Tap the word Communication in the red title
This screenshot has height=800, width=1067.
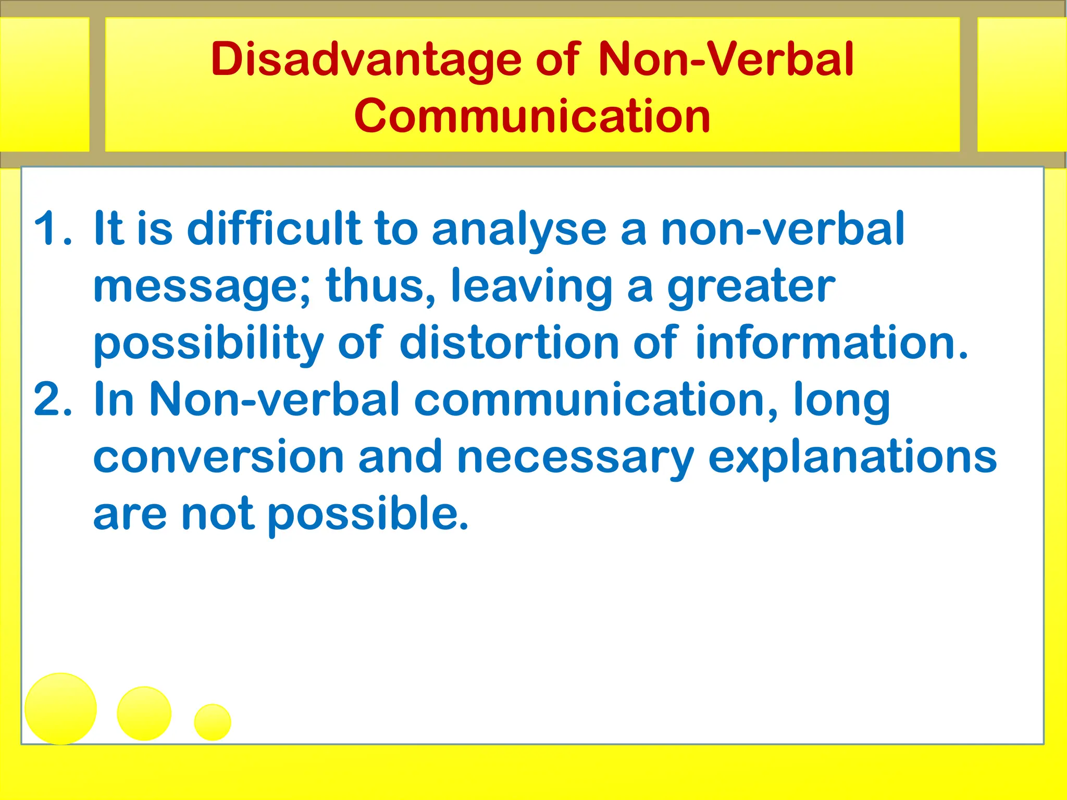coord(532,116)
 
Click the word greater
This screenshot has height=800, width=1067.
coord(751,286)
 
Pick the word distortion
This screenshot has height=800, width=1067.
coord(510,343)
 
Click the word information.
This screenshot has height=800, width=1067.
coord(832,343)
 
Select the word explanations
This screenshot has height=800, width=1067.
coord(852,457)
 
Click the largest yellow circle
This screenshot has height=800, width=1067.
coord(61,708)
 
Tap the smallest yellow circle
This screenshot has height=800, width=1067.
coord(213,722)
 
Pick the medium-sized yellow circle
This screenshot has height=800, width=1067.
coord(144,713)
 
